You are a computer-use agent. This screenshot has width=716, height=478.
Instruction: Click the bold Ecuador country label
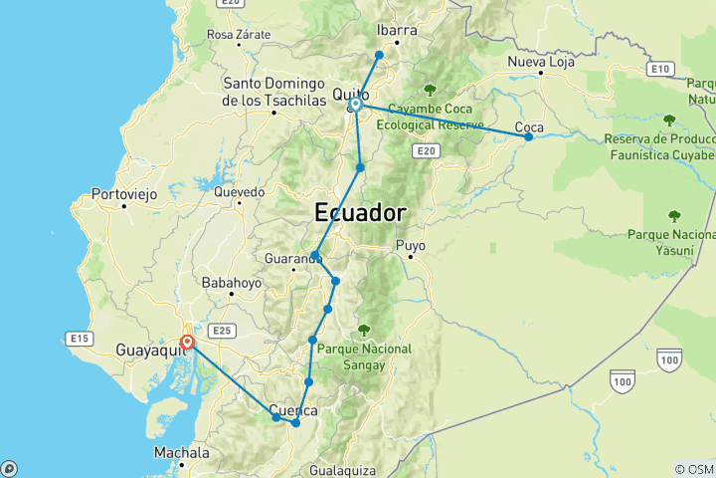[359, 213]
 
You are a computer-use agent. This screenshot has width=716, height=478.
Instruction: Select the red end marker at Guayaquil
[186, 344]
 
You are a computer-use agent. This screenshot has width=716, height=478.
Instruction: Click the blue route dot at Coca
[528, 136]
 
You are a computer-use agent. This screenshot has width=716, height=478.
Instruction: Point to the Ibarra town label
[397, 30]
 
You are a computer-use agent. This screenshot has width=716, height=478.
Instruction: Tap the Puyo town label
[410, 244]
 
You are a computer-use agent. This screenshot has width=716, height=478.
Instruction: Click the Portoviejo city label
[123, 194]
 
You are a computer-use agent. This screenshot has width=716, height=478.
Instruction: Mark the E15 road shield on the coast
[80, 340]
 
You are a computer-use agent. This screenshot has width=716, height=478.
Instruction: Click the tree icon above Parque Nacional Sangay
[363, 329]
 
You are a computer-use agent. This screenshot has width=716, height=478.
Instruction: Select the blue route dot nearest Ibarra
[379, 55]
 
